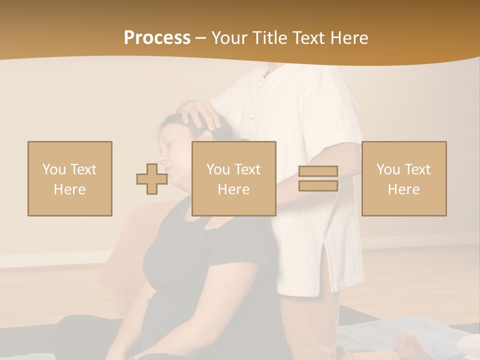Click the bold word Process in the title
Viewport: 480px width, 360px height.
click(157, 38)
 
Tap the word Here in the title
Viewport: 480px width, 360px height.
click(348, 38)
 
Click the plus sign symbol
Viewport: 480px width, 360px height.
click(152, 178)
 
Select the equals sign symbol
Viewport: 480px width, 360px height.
click(318, 178)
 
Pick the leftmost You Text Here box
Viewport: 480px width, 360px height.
click(70, 178)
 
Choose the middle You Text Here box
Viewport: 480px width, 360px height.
click(234, 178)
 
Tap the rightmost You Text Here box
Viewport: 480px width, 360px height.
click(404, 178)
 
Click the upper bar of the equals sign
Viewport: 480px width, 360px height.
click(318, 171)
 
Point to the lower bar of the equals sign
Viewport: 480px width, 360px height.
click(318, 185)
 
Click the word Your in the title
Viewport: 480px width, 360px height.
click(231, 38)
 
